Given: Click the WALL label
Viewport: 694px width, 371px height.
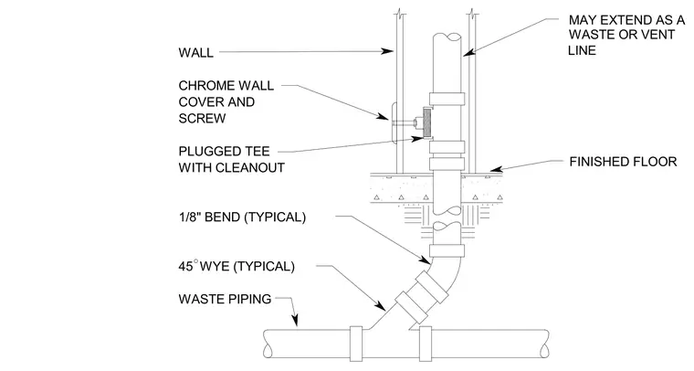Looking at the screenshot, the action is coord(195,52).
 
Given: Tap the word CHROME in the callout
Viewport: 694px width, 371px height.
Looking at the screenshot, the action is coord(202,86).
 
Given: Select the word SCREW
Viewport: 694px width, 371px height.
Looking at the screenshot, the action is coord(202,118).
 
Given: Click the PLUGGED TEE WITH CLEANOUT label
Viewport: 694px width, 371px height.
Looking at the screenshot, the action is coord(231,159).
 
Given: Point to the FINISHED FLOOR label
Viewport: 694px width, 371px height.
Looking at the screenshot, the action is coord(623,162).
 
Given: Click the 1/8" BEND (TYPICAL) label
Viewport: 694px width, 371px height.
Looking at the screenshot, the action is coord(242,217).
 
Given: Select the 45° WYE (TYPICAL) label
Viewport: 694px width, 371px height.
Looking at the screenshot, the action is coord(237,266).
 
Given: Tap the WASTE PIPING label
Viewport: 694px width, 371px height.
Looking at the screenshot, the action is coord(225,299).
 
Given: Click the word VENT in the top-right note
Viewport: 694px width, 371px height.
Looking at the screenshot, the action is coord(658,35).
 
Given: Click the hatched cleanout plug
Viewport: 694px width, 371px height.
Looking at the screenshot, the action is coord(427,122).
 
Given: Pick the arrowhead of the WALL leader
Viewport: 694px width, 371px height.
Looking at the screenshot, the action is coord(388,51).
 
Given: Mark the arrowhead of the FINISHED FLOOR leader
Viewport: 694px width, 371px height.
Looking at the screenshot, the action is coord(496,169).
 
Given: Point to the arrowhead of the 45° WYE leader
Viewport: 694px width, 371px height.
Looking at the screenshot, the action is coord(380,305).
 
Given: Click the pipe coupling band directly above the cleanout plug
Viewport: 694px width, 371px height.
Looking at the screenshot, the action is coord(447,99).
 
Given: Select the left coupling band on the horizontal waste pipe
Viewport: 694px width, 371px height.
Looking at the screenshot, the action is coord(356,344).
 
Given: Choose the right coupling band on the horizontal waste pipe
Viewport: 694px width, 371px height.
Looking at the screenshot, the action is coord(426,344).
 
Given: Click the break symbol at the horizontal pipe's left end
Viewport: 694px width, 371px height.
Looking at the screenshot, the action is coord(267,344).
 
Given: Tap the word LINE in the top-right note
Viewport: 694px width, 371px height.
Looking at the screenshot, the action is coord(582,50).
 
